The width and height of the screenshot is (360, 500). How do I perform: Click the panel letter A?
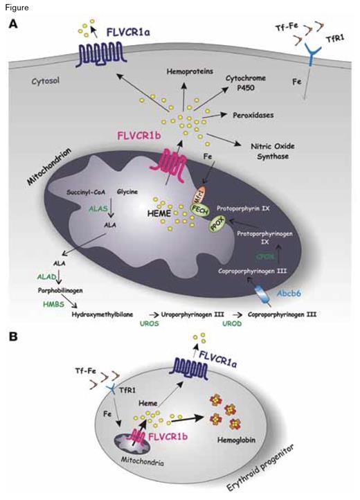(12, 24)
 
